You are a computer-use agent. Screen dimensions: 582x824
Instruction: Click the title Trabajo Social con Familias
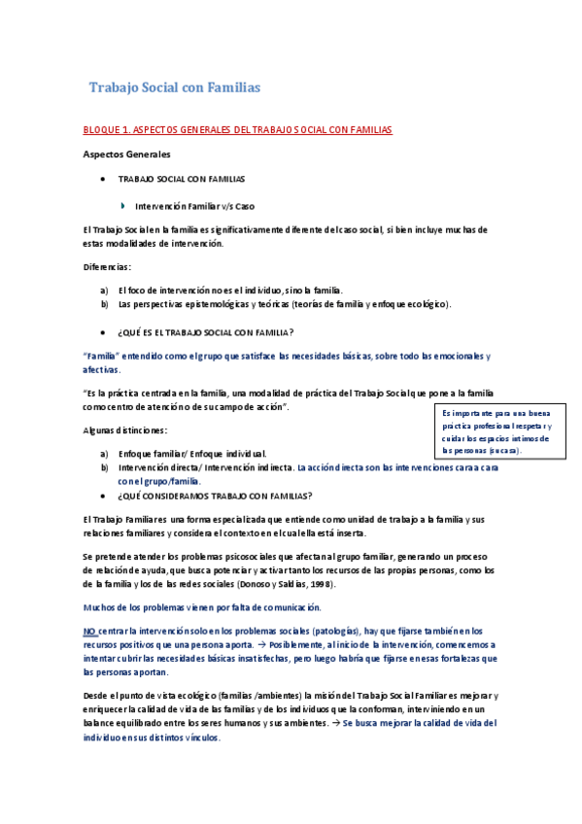point(175,87)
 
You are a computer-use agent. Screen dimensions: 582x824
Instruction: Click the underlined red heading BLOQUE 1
point(237,129)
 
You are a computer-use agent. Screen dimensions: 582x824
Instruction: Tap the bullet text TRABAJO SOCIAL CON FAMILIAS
point(182,180)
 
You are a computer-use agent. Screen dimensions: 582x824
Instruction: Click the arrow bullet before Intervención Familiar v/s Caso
point(122,205)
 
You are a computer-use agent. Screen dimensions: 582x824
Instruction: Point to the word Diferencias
point(108,266)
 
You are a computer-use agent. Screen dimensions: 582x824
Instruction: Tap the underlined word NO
point(89,632)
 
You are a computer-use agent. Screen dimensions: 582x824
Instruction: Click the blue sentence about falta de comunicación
point(202,607)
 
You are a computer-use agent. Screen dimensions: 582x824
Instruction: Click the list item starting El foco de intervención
point(230,291)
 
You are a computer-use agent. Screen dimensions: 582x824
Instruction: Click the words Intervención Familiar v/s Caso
point(195,205)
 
